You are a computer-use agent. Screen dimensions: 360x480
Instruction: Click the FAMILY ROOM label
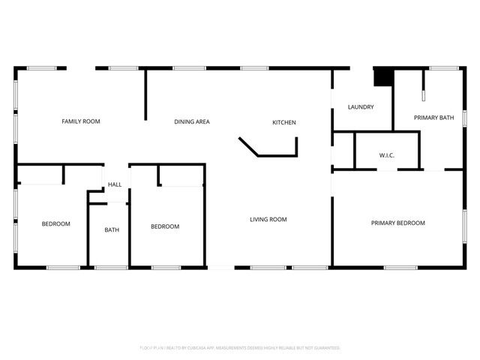tap(81, 121)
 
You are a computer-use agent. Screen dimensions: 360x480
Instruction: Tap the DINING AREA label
tap(192, 121)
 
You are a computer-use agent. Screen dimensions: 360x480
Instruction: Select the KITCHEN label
tap(284, 122)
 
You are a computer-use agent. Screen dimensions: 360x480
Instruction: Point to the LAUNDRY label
tap(361, 107)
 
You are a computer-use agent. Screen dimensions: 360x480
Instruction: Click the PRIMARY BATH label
tap(434, 118)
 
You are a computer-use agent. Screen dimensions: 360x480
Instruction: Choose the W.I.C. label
tap(387, 155)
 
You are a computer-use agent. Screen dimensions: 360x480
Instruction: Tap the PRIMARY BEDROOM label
tap(398, 223)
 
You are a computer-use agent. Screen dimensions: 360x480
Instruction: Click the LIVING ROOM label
tap(268, 220)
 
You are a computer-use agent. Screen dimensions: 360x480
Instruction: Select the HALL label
tap(115, 184)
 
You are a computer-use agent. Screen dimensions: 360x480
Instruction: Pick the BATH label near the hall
tap(112, 230)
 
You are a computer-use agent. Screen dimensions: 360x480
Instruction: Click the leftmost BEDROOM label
tap(55, 224)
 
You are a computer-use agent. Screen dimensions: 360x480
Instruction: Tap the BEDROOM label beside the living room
tap(165, 226)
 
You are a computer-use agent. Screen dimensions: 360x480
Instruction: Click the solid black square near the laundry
tap(383, 76)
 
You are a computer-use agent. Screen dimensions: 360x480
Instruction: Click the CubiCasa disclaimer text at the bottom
tap(240, 348)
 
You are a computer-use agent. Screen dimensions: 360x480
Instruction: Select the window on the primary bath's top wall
tap(444, 68)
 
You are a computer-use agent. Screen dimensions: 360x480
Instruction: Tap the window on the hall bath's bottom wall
tap(111, 268)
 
